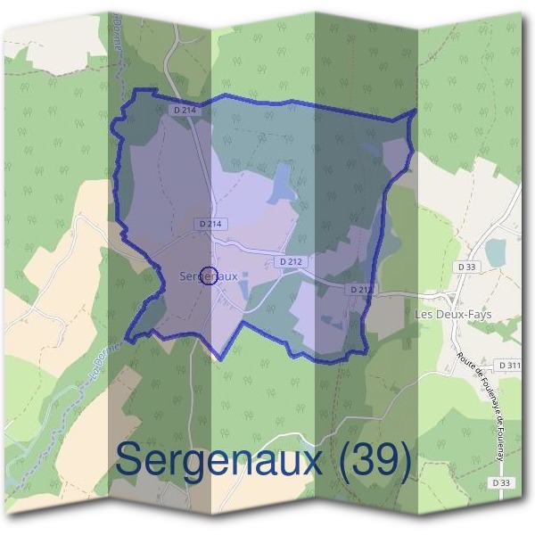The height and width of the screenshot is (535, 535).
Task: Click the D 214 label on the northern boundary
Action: click(x=183, y=109)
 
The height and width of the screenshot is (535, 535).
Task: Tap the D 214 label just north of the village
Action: click(x=210, y=223)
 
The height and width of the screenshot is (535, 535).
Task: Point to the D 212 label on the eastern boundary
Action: click(x=361, y=289)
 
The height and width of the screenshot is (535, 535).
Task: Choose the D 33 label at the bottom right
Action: click(x=503, y=482)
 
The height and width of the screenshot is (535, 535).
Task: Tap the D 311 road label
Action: click(x=510, y=365)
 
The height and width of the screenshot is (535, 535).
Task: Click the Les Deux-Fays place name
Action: click(x=453, y=315)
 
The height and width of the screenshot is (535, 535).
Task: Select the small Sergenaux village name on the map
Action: click(x=209, y=276)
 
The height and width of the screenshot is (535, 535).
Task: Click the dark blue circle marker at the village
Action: click(x=210, y=276)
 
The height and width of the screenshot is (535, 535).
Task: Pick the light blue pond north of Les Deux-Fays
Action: click(x=495, y=252)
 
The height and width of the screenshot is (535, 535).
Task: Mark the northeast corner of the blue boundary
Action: click(x=416, y=111)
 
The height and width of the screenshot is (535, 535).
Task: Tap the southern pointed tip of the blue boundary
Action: click(x=220, y=358)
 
